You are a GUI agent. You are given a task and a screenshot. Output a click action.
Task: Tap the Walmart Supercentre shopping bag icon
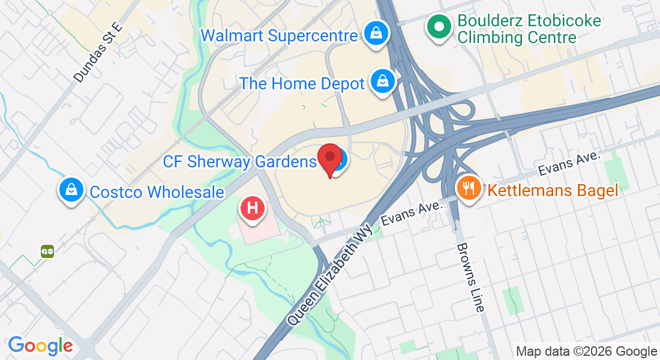pyautogui.click(x=376, y=34)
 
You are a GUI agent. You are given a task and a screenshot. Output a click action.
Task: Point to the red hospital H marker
pyautogui.click(x=253, y=209)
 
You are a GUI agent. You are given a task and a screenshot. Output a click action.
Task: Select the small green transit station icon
pyautogui.click(x=47, y=251)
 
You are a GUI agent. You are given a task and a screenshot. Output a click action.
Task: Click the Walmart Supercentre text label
pyautogui.click(x=279, y=35)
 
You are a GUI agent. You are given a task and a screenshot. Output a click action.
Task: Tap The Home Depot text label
pyautogui.click(x=302, y=83)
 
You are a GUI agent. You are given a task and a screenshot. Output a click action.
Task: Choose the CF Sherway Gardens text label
pyautogui.click(x=239, y=161)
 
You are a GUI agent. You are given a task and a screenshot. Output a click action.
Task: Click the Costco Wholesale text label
pyautogui.click(x=157, y=192)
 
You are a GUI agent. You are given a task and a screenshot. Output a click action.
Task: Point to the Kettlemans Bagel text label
pyautogui.click(x=553, y=191)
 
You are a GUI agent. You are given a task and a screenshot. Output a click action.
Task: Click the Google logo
pyautogui.click(x=40, y=346)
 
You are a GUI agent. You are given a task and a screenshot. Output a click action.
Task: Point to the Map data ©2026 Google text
pyautogui.click(x=586, y=351)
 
